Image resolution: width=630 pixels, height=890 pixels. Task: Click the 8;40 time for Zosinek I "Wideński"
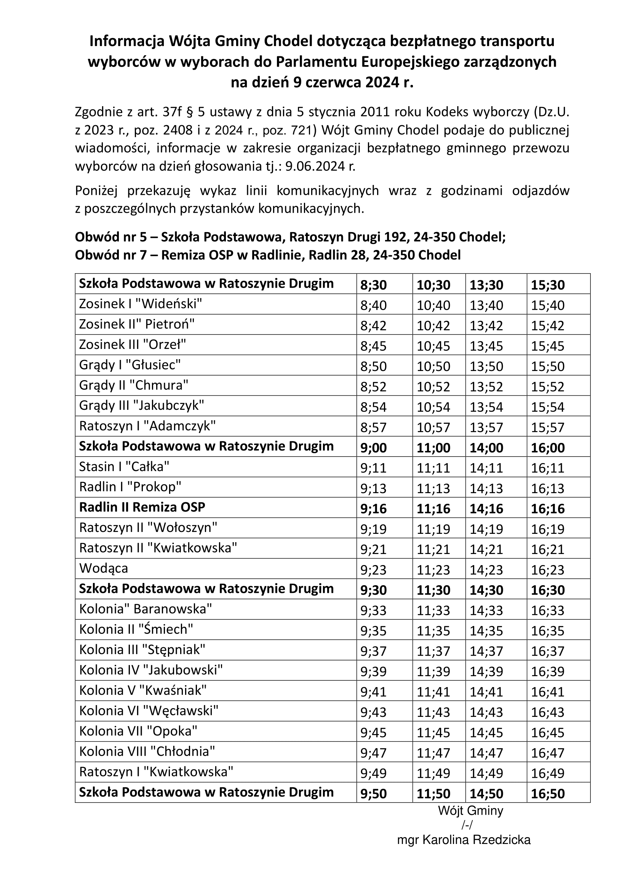tap(373, 306)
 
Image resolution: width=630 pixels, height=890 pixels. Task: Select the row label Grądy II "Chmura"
tap(133, 385)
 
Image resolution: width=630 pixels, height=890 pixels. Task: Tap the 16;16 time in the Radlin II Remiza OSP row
tap(547, 509)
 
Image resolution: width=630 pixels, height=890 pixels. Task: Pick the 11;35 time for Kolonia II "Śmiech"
tap(433, 630)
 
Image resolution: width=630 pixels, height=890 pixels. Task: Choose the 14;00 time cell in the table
tap(486, 448)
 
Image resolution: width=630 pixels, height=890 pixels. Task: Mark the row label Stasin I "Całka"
tap(124, 466)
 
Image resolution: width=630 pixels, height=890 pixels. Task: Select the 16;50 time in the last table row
tap(547, 793)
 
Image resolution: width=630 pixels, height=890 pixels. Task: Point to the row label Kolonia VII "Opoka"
tap(138, 731)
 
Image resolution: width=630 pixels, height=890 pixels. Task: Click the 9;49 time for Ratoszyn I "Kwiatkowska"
tap(373, 773)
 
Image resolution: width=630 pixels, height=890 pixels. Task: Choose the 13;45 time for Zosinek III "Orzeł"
tap(486, 346)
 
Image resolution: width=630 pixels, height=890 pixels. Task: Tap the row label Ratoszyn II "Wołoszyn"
tap(148, 527)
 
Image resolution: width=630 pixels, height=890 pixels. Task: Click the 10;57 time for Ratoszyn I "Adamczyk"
tap(433, 427)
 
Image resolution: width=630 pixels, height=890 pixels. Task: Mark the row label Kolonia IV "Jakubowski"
tap(151, 670)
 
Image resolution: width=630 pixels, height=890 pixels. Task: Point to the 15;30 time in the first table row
tap(547, 285)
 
